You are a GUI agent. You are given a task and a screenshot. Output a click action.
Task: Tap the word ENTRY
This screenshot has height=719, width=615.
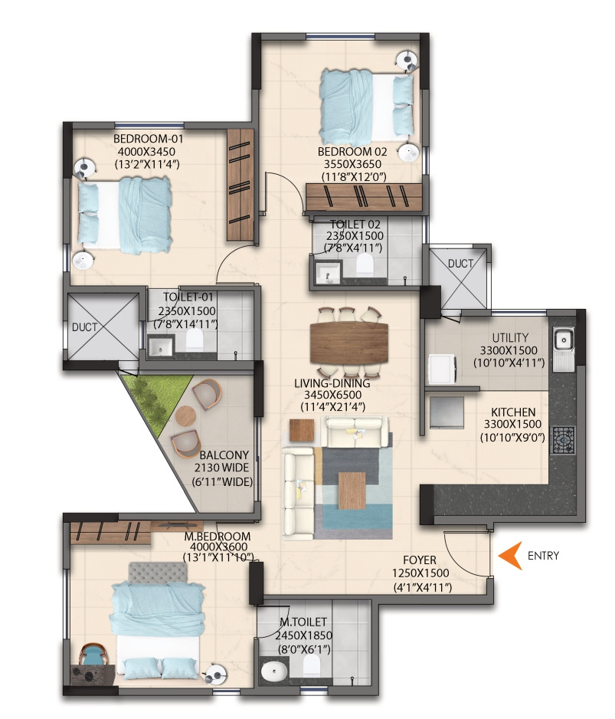(544, 556)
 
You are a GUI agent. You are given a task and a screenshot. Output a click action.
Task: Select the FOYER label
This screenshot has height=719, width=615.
(420, 560)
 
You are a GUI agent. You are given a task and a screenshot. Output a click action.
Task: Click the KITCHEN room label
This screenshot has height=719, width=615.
(513, 412)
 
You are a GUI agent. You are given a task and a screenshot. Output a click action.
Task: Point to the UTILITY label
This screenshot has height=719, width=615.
(510, 338)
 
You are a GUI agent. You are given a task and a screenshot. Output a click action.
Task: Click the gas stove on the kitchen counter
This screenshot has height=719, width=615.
(562, 440)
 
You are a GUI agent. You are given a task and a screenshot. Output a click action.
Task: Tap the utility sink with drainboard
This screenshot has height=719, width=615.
(563, 350)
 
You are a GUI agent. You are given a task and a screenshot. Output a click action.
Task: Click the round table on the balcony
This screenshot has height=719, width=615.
(186, 417)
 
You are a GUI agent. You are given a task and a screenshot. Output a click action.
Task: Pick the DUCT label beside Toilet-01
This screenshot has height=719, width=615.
(85, 327)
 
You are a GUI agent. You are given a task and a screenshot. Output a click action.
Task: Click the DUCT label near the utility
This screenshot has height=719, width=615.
(460, 264)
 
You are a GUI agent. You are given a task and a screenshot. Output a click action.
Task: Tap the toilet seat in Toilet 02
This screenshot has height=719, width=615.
(365, 264)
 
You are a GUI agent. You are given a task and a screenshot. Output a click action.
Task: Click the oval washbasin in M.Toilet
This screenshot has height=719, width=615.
(273, 671)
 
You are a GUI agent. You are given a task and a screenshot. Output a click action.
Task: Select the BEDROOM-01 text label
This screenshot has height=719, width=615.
(149, 139)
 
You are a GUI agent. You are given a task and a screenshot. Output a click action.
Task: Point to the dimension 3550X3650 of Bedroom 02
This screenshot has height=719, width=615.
(352, 164)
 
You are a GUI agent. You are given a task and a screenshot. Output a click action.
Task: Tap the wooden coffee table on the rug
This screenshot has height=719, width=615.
(352, 490)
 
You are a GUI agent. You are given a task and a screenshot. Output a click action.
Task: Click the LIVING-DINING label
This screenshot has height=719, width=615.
(332, 383)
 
